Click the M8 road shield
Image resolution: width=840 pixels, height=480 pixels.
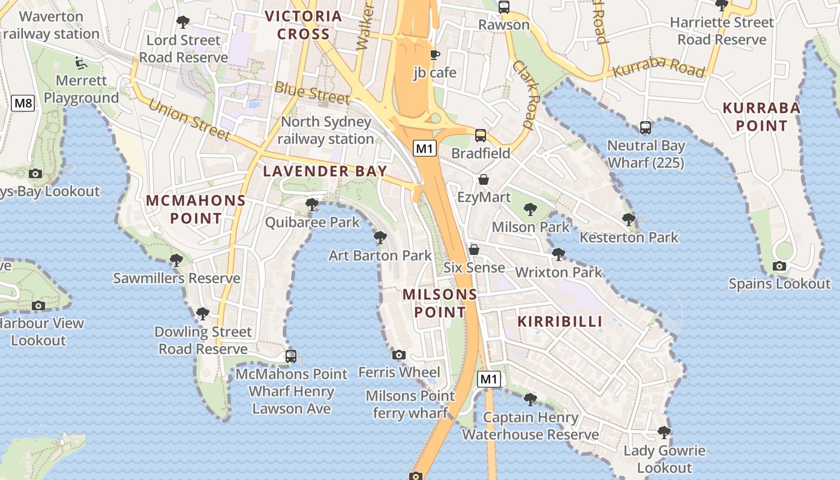[x=23, y=103]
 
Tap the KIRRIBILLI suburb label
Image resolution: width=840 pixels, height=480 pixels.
[x=560, y=321]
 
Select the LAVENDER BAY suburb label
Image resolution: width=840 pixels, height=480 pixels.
[x=325, y=171]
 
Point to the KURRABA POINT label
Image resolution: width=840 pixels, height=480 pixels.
[x=761, y=117]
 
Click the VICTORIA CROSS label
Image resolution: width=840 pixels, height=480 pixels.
[x=303, y=25]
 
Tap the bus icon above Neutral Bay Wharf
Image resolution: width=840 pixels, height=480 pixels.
[x=646, y=127]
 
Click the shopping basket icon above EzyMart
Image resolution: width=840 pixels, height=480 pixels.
[x=483, y=179]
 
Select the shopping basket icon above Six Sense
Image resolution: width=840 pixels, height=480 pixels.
[x=474, y=250]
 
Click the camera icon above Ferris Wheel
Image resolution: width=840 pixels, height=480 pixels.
[x=399, y=355]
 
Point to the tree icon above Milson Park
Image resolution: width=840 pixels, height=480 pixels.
[x=530, y=209]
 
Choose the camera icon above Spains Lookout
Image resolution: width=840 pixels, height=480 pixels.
[x=779, y=266]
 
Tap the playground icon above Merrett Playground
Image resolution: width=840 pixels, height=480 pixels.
[x=79, y=62]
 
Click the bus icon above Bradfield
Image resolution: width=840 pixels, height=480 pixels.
[x=481, y=135]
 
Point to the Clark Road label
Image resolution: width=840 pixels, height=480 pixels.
[x=524, y=94]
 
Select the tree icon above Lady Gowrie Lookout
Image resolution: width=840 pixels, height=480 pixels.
[x=664, y=432]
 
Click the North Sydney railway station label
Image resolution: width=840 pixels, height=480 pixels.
[x=326, y=130]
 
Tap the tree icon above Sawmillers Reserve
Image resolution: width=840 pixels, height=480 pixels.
[x=176, y=260]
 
